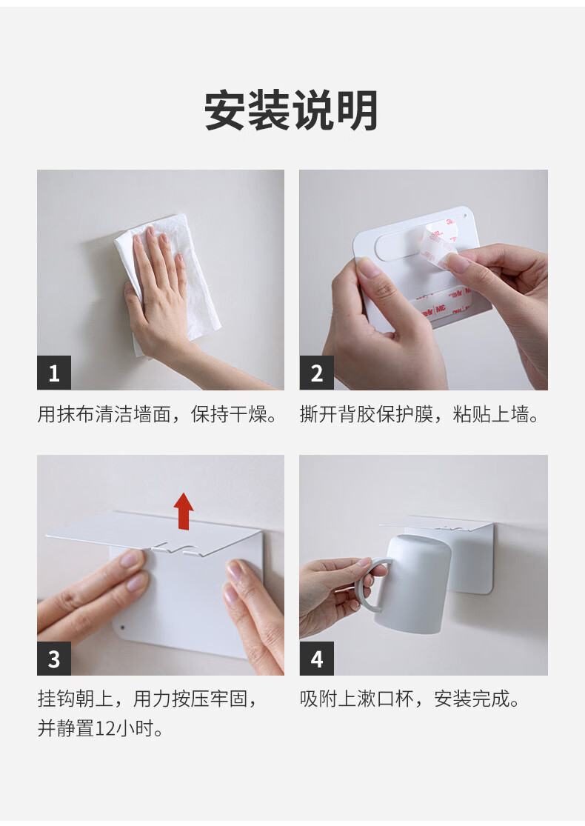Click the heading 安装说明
(x=291, y=110)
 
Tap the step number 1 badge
(x=54, y=373)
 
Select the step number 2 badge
(x=316, y=373)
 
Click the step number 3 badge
(x=54, y=659)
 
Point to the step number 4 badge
(x=316, y=659)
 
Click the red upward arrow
(x=184, y=511)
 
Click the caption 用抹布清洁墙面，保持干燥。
(x=158, y=415)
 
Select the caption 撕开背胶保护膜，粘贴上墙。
(x=420, y=415)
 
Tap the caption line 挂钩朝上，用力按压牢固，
(x=147, y=699)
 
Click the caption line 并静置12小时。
(x=101, y=728)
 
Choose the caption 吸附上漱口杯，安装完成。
(x=410, y=699)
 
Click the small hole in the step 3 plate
(x=123, y=628)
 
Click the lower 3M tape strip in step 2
(x=442, y=304)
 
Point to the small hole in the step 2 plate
(x=464, y=216)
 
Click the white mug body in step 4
(x=413, y=584)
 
